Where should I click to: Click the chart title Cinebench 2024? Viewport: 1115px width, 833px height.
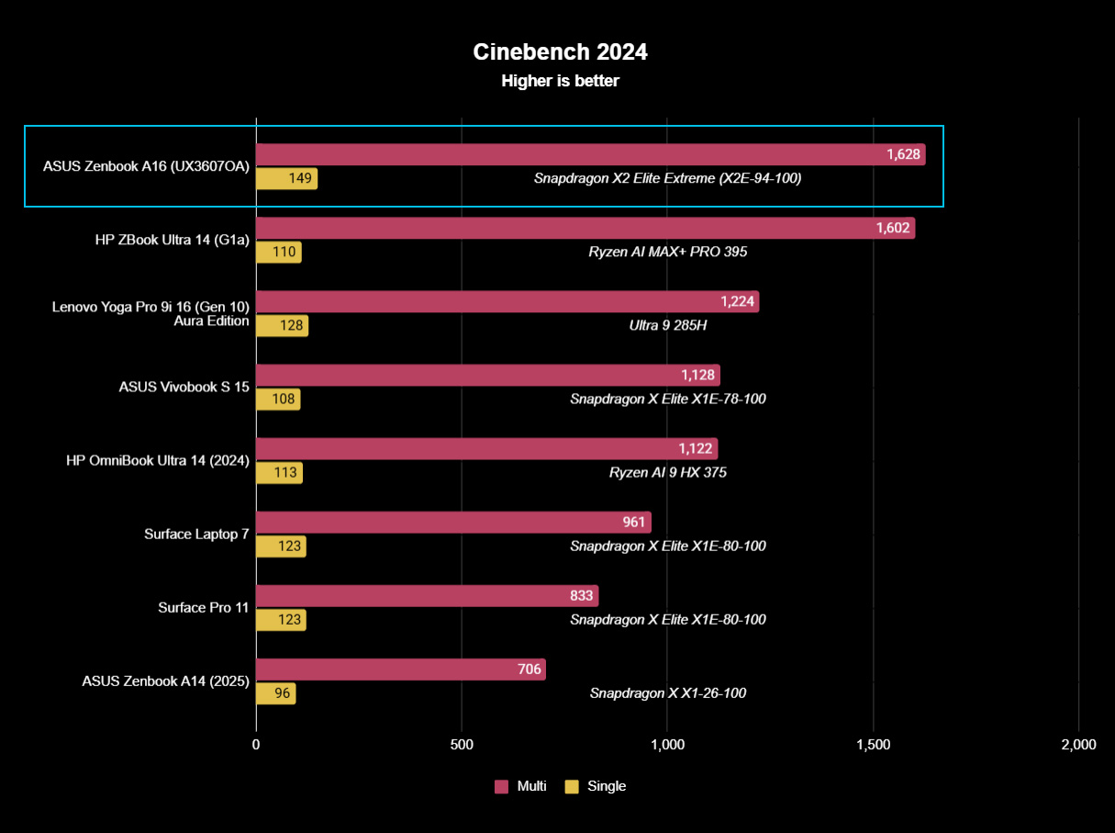click(560, 52)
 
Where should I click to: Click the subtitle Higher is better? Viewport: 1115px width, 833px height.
click(560, 81)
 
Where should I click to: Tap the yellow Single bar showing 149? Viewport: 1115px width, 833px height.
click(286, 179)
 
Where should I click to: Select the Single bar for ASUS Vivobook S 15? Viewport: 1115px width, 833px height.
click(278, 400)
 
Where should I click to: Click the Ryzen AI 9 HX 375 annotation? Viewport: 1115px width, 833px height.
click(667, 473)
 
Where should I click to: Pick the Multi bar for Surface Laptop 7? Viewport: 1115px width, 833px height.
click(453, 523)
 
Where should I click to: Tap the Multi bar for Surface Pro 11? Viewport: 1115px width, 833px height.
click(427, 596)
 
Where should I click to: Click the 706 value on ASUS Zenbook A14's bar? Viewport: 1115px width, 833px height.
click(529, 670)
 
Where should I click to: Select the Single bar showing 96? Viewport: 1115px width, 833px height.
click(275, 693)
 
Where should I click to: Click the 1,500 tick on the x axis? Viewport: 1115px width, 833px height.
click(873, 745)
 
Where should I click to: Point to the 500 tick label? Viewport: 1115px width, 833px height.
click(462, 745)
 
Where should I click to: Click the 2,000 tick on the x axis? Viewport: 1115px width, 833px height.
click(1077, 745)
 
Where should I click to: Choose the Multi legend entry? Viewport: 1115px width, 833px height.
click(521, 786)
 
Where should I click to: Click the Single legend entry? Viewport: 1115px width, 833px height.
click(596, 786)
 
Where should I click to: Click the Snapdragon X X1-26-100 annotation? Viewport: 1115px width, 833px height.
click(667, 693)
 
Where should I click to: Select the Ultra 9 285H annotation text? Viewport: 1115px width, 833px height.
click(667, 326)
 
